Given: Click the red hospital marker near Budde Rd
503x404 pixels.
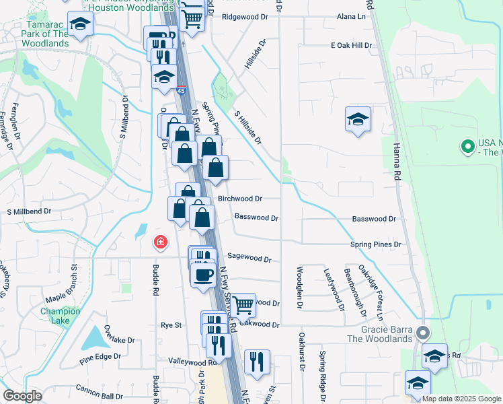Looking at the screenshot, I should (x=160, y=242).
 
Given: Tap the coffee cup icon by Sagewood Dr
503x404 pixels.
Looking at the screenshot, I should (x=203, y=274).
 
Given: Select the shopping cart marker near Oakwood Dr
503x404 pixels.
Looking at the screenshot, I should (x=243, y=304).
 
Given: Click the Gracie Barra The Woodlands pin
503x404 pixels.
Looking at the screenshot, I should (x=422, y=333).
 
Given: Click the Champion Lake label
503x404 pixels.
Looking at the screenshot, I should (x=60, y=316).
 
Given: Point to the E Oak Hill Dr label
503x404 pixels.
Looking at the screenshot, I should (x=351, y=45).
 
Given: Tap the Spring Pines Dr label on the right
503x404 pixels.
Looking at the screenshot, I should (x=375, y=244).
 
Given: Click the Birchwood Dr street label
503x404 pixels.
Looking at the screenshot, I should (x=240, y=199).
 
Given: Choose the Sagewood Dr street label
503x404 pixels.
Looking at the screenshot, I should (x=249, y=258).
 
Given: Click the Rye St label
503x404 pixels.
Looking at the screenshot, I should (x=171, y=325).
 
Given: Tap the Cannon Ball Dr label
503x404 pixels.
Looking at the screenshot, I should (x=100, y=388).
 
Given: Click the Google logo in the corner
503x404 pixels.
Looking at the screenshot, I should (x=22, y=396).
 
